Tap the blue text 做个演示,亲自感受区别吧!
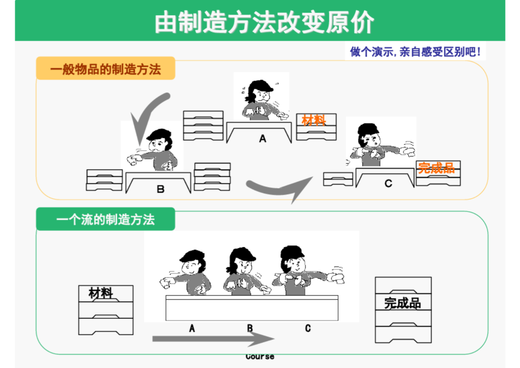415,52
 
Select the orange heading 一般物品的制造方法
105,69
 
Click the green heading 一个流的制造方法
105,219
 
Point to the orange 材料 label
314,120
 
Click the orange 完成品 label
436,168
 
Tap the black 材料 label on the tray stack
101,293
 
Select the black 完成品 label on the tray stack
403,303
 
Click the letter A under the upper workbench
263,138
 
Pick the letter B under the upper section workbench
160,189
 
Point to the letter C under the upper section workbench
389,183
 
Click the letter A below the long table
192,329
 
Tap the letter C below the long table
308,329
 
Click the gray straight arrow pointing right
213,339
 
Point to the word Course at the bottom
260,357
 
